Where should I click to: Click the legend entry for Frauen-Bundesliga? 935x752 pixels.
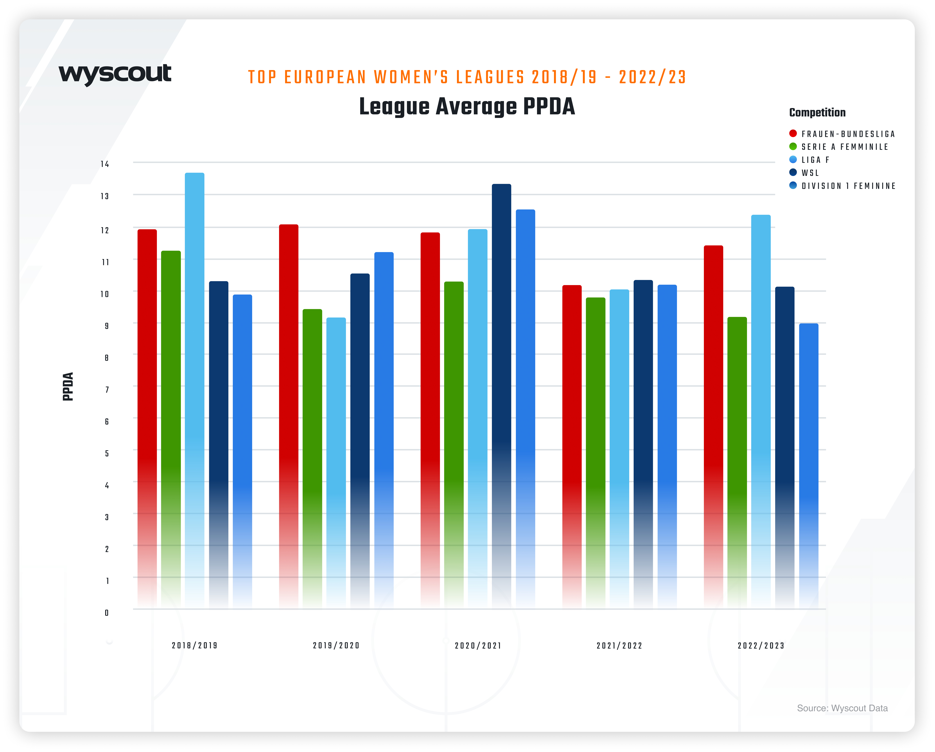(848, 134)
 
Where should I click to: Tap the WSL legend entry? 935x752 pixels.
(810, 173)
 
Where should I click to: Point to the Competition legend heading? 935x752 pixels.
(817, 113)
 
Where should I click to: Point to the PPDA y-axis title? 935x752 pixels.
(68, 387)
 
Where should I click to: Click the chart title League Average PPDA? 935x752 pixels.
(467, 107)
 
